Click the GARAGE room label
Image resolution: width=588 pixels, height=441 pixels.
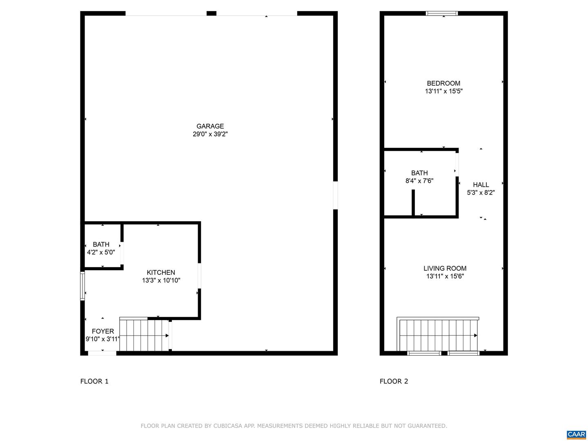210,126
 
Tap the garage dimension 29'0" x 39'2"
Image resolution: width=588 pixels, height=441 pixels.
210,134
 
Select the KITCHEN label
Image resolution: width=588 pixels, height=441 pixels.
161,273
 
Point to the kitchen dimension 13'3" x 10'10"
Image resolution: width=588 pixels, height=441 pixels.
161,281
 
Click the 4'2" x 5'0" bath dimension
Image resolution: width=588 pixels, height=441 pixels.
101,252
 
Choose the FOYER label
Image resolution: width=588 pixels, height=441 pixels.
103,331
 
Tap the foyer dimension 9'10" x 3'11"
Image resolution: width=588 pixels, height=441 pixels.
102,339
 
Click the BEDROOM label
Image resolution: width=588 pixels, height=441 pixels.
443,83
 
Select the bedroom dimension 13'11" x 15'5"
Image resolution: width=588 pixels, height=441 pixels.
443,91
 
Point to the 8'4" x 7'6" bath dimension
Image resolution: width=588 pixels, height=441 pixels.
419,181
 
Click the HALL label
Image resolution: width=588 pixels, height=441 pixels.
481,185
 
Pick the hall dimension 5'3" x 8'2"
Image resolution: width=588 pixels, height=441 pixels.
481,192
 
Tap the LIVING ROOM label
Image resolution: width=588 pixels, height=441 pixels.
445,268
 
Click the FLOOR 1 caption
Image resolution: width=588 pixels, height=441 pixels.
94,381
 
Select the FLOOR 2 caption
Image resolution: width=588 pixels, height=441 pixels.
394,381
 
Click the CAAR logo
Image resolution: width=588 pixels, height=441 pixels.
576,434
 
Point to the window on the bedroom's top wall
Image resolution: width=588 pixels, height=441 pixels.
442,13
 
